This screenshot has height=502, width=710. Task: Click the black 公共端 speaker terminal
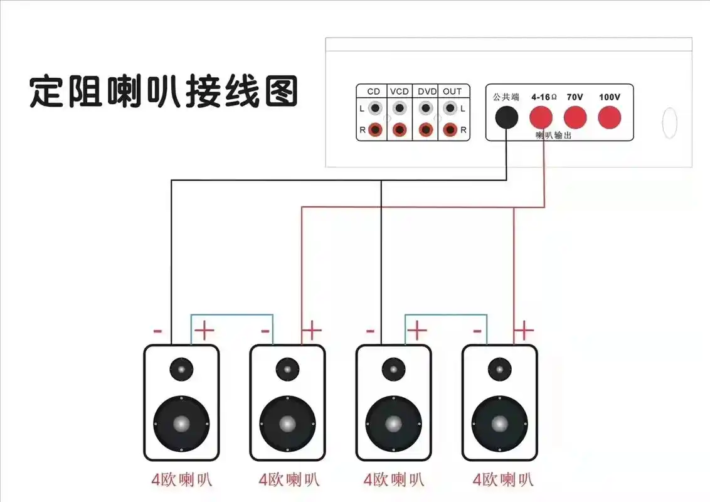tap(507, 117)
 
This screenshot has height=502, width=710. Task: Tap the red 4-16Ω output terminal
tap(541, 117)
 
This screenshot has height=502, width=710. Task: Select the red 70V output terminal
tap(575, 117)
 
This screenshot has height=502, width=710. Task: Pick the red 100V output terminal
tap(609, 117)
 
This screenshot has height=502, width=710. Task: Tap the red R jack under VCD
tap(400, 130)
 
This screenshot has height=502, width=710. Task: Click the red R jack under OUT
tap(450, 130)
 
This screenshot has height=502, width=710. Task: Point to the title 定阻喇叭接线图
tap(164, 92)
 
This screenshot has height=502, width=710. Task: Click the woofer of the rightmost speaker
tap(500, 424)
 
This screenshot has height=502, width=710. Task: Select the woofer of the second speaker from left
tap(287, 424)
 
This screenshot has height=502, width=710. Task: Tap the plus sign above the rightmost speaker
tap(524, 330)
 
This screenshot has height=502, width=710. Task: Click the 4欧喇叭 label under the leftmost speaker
tap(182, 480)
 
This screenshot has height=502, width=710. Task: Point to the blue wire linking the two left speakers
tap(232, 314)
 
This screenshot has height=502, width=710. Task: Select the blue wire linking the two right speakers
tap(446, 314)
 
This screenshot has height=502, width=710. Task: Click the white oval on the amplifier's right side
tap(669, 123)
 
